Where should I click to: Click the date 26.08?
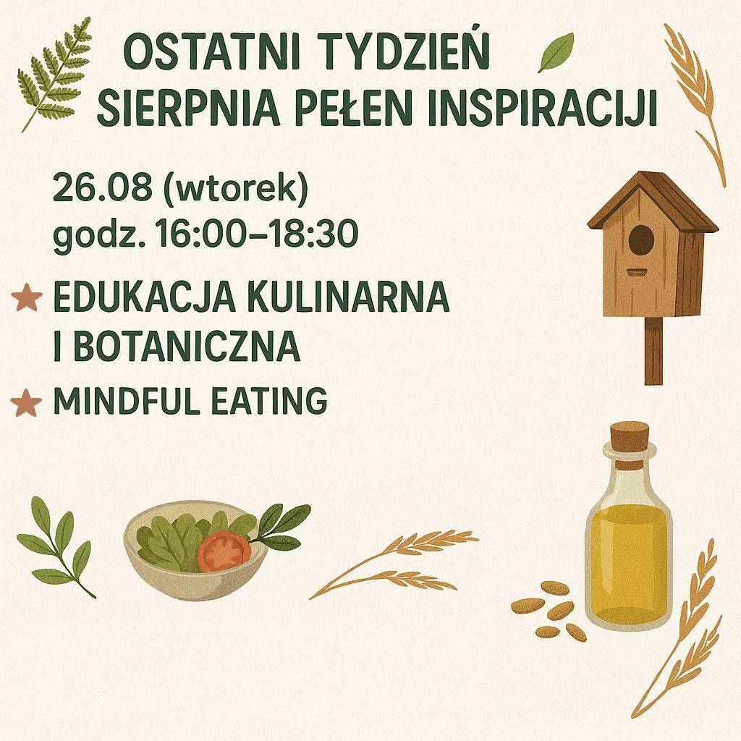pyautogui.click(x=103, y=187)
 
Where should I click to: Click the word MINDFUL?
pyautogui.click(x=127, y=400)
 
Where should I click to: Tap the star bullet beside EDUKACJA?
pyautogui.click(x=26, y=297)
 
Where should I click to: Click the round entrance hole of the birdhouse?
pyautogui.click(x=641, y=240)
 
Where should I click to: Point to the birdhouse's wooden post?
pyautogui.click(x=653, y=351)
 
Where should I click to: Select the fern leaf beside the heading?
pyautogui.click(x=53, y=75)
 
